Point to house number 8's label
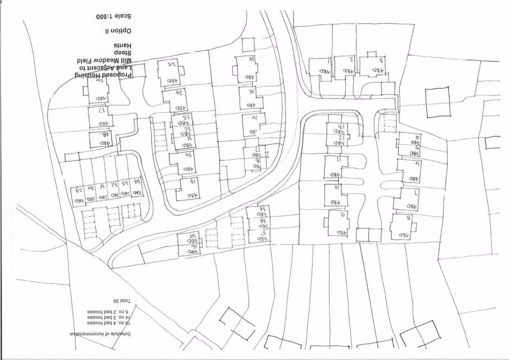point(408,218)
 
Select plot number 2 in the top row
point(351,59)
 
